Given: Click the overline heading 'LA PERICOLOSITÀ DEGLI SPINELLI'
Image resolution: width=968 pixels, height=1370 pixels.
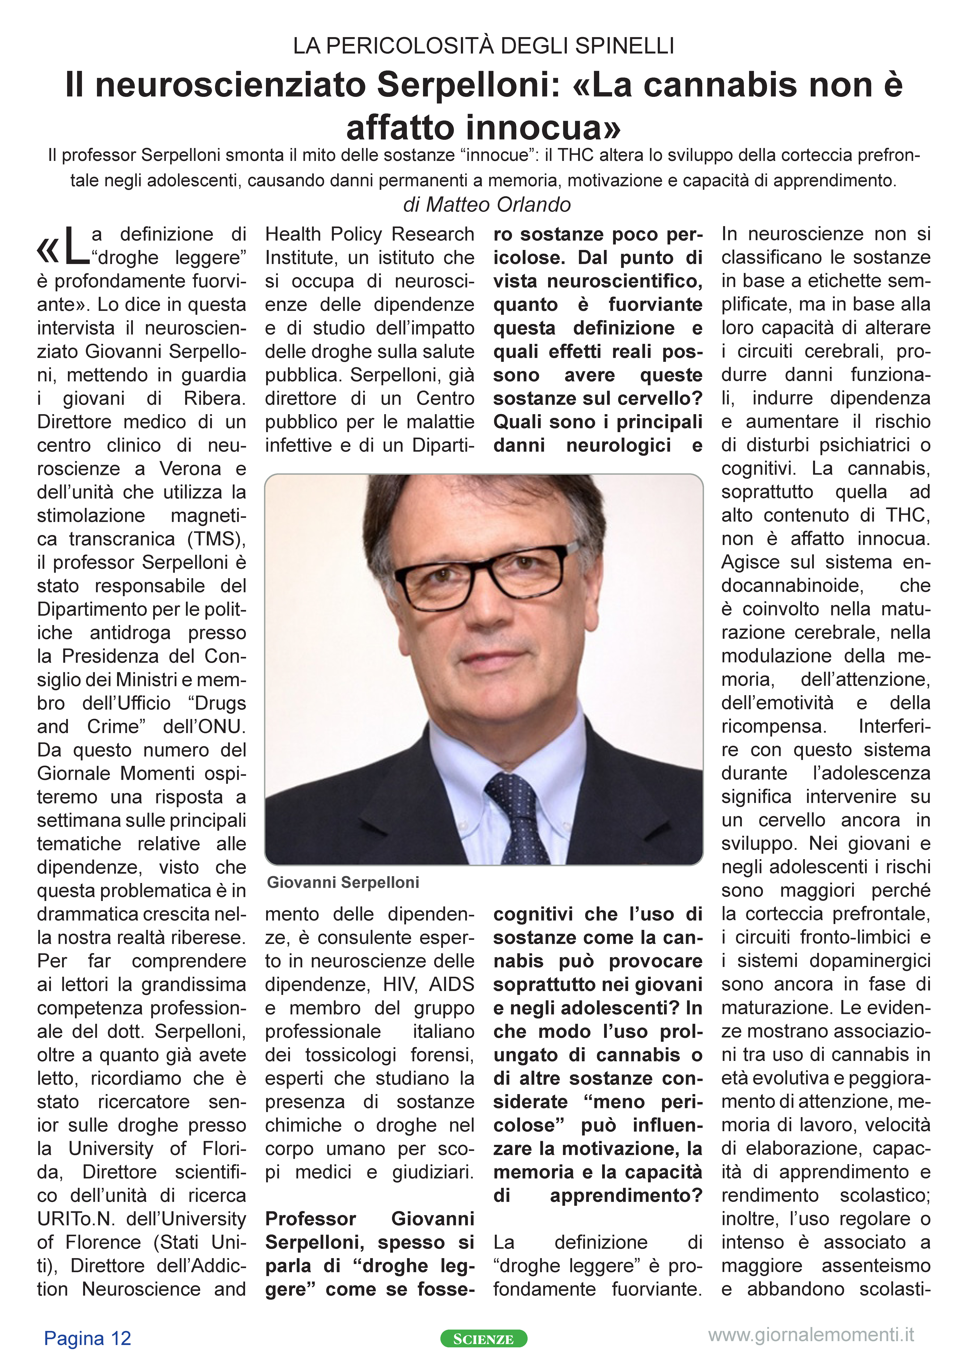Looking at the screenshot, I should (484, 46).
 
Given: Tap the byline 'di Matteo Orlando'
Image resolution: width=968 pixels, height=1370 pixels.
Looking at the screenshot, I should (487, 205).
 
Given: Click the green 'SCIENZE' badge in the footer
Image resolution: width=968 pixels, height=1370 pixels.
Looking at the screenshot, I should (484, 1339).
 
